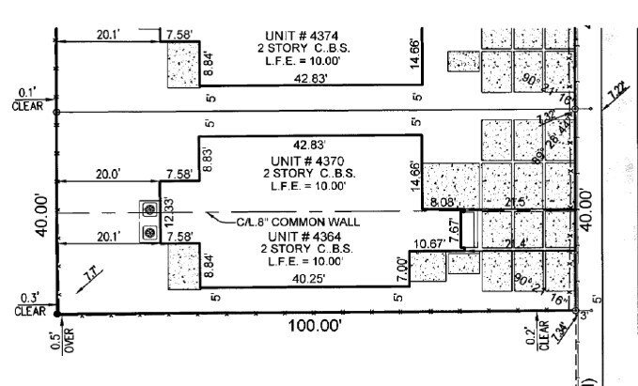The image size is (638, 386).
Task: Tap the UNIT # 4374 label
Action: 295,35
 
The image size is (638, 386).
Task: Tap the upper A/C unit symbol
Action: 148,209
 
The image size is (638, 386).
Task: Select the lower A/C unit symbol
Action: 148,232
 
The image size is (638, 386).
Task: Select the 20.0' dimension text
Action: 108,174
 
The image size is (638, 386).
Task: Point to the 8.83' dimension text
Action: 208,155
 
